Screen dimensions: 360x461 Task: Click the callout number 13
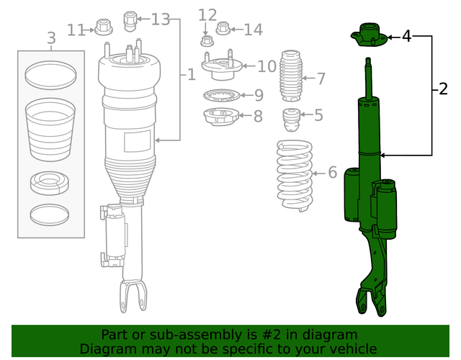click(x=160, y=19)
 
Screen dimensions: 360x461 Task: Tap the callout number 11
click(x=76, y=30)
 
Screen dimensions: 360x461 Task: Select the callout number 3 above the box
click(x=50, y=37)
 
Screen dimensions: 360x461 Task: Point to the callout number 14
click(x=253, y=30)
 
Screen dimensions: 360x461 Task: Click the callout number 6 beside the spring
click(x=332, y=172)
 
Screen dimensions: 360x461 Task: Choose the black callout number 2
click(x=442, y=89)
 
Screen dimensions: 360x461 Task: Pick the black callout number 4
click(x=406, y=35)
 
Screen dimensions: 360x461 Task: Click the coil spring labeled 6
click(x=295, y=177)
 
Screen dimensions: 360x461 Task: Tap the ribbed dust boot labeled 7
click(x=292, y=77)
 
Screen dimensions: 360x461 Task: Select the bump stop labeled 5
click(x=292, y=120)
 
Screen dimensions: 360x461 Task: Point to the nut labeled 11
click(x=102, y=29)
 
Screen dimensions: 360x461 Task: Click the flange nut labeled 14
click(x=223, y=29)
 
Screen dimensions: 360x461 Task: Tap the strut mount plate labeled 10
click(x=219, y=71)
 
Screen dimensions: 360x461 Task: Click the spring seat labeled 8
click(x=220, y=116)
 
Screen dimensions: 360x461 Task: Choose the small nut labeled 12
click(x=205, y=40)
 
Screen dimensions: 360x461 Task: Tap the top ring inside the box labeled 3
click(x=50, y=72)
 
